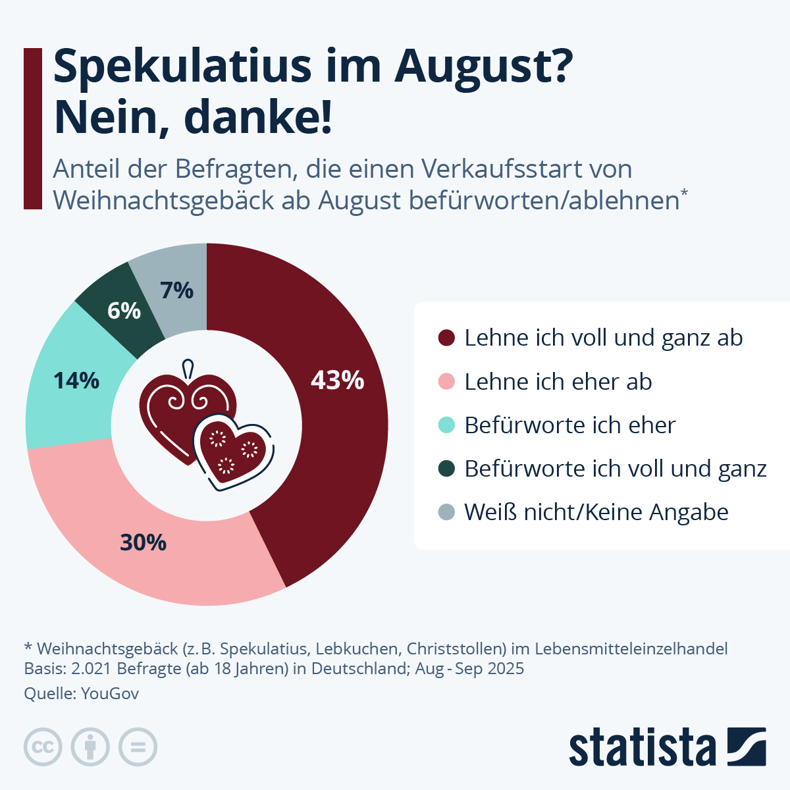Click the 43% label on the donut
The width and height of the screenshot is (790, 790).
pyautogui.click(x=337, y=381)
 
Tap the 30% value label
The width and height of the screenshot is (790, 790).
pyautogui.click(x=143, y=542)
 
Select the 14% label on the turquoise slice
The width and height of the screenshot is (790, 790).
pyautogui.click(x=76, y=381)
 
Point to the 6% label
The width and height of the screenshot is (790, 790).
pyautogui.click(x=124, y=311)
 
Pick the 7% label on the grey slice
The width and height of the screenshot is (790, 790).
pyautogui.click(x=176, y=290)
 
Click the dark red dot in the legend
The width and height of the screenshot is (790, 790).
pyautogui.click(x=446, y=338)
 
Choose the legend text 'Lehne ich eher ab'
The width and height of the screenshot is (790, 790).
pyautogui.click(x=558, y=382)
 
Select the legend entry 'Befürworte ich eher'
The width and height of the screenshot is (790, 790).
pyautogui.click(x=569, y=425)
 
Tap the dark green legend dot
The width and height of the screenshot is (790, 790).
pyautogui.click(x=446, y=469)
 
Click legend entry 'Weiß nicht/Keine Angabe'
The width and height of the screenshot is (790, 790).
pyautogui.click(x=596, y=512)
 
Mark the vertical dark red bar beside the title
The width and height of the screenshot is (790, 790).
pyautogui.click(x=32, y=128)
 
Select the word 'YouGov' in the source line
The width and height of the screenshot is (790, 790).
pyautogui.click(x=110, y=693)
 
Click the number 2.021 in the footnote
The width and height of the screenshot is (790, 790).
pyautogui.click(x=92, y=669)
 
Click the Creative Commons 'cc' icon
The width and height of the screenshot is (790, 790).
pyautogui.click(x=43, y=747)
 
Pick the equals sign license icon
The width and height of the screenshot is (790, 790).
pyautogui.click(x=138, y=747)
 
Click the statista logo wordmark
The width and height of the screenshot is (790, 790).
pyautogui.click(x=642, y=747)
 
